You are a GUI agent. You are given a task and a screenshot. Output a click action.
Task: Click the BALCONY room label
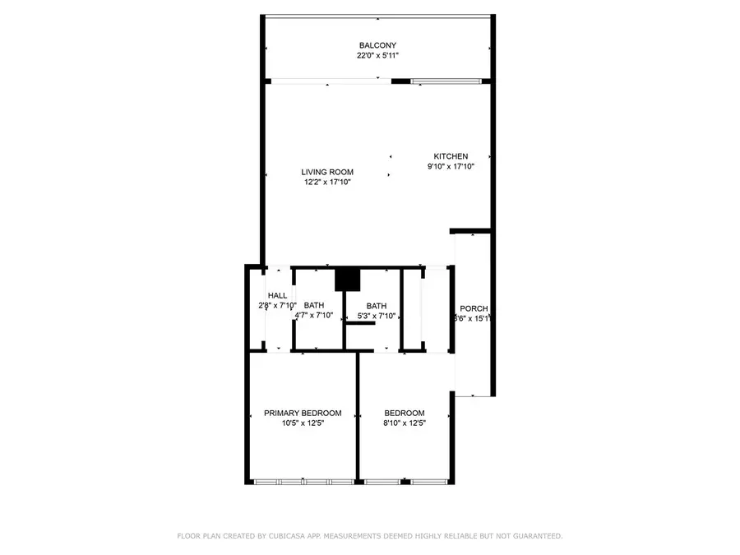pyautogui.click(x=377, y=45)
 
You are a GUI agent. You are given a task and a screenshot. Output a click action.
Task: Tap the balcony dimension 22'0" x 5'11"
pyautogui.click(x=377, y=56)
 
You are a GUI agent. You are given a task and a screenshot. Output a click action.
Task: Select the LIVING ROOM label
pyautogui.click(x=327, y=172)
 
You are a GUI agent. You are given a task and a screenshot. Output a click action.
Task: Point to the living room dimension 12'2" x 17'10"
pyautogui.click(x=327, y=183)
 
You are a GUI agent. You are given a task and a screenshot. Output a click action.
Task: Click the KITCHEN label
pyautogui.click(x=451, y=156)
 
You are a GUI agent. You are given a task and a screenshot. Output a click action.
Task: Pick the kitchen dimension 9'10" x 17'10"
pyautogui.click(x=451, y=167)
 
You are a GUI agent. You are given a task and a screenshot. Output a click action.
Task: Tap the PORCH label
pyautogui.click(x=474, y=308)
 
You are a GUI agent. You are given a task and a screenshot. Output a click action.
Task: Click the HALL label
pyautogui.click(x=277, y=295)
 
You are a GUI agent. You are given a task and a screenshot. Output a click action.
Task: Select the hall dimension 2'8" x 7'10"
pyautogui.click(x=277, y=306)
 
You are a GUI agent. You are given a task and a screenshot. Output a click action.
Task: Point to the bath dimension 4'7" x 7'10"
pyautogui.click(x=313, y=316)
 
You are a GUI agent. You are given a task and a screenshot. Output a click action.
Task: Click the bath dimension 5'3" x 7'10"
pyautogui.click(x=376, y=316)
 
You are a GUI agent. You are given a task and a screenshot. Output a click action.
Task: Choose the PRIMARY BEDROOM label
pyautogui.click(x=303, y=413)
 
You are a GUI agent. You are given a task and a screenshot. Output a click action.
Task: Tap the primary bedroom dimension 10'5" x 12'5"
pyautogui.click(x=303, y=423)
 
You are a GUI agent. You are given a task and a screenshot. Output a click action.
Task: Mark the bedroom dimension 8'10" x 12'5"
pyautogui.click(x=405, y=423)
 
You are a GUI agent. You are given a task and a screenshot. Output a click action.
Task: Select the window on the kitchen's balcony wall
pyautogui.click(x=445, y=81)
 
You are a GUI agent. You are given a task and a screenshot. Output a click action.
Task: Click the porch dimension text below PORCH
pyautogui.click(x=473, y=319)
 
